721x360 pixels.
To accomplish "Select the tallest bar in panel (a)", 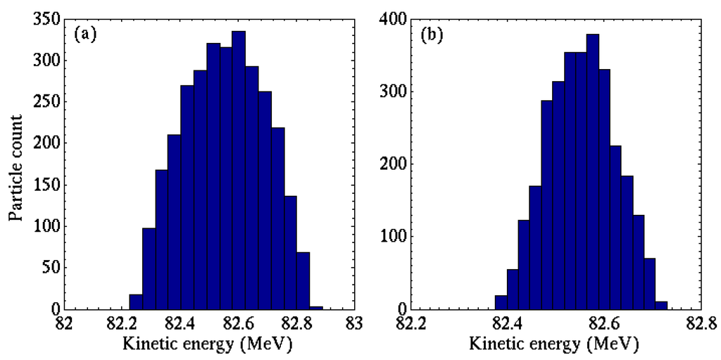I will tap(239, 170).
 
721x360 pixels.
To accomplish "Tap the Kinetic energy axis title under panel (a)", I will tap(207, 345).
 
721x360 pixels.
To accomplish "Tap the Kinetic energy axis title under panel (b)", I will tap(554, 345).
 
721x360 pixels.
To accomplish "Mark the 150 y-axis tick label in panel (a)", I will tap(45, 185).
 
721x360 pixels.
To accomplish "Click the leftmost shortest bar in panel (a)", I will tap(136, 302).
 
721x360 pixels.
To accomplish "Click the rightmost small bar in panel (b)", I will tap(661, 306).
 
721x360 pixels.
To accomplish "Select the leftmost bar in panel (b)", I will tap(501, 303).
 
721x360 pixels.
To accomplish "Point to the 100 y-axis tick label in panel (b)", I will tap(391, 237).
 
